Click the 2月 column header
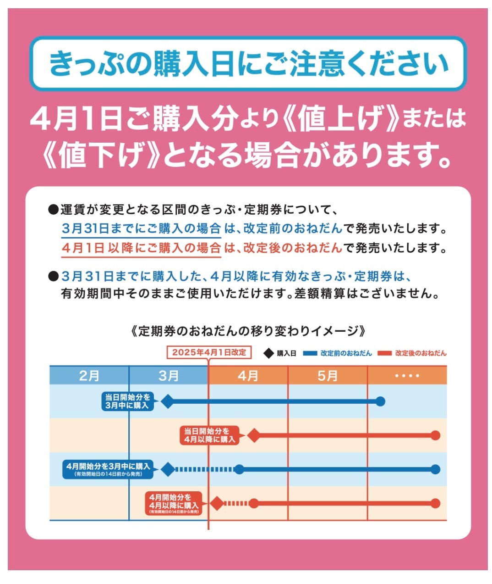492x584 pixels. click(x=89, y=376)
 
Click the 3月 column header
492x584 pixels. click(x=169, y=376)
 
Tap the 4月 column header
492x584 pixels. click(x=248, y=376)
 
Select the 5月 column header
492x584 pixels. click(x=328, y=376)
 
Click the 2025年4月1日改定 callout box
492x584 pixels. click(x=209, y=352)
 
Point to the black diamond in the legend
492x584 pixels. click(x=269, y=353)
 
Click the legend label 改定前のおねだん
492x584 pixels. click(x=346, y=353)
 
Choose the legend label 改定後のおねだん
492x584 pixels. click(x=421, y=353)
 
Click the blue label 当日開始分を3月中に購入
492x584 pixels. click(x=127, y=401)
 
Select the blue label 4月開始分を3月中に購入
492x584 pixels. click(x=108, y=469)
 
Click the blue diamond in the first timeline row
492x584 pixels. click(x=168, y=402)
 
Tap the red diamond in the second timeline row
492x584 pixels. click(x=253, y=435)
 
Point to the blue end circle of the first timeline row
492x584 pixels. click(x=380, y=402)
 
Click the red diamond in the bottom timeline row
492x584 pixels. click(x=217, y=503)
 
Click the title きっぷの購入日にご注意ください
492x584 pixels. click(x=248, y=63)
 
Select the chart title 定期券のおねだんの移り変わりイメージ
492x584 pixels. click(x=248, y=331)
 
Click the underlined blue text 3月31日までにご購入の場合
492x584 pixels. click(x=142, y=228)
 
